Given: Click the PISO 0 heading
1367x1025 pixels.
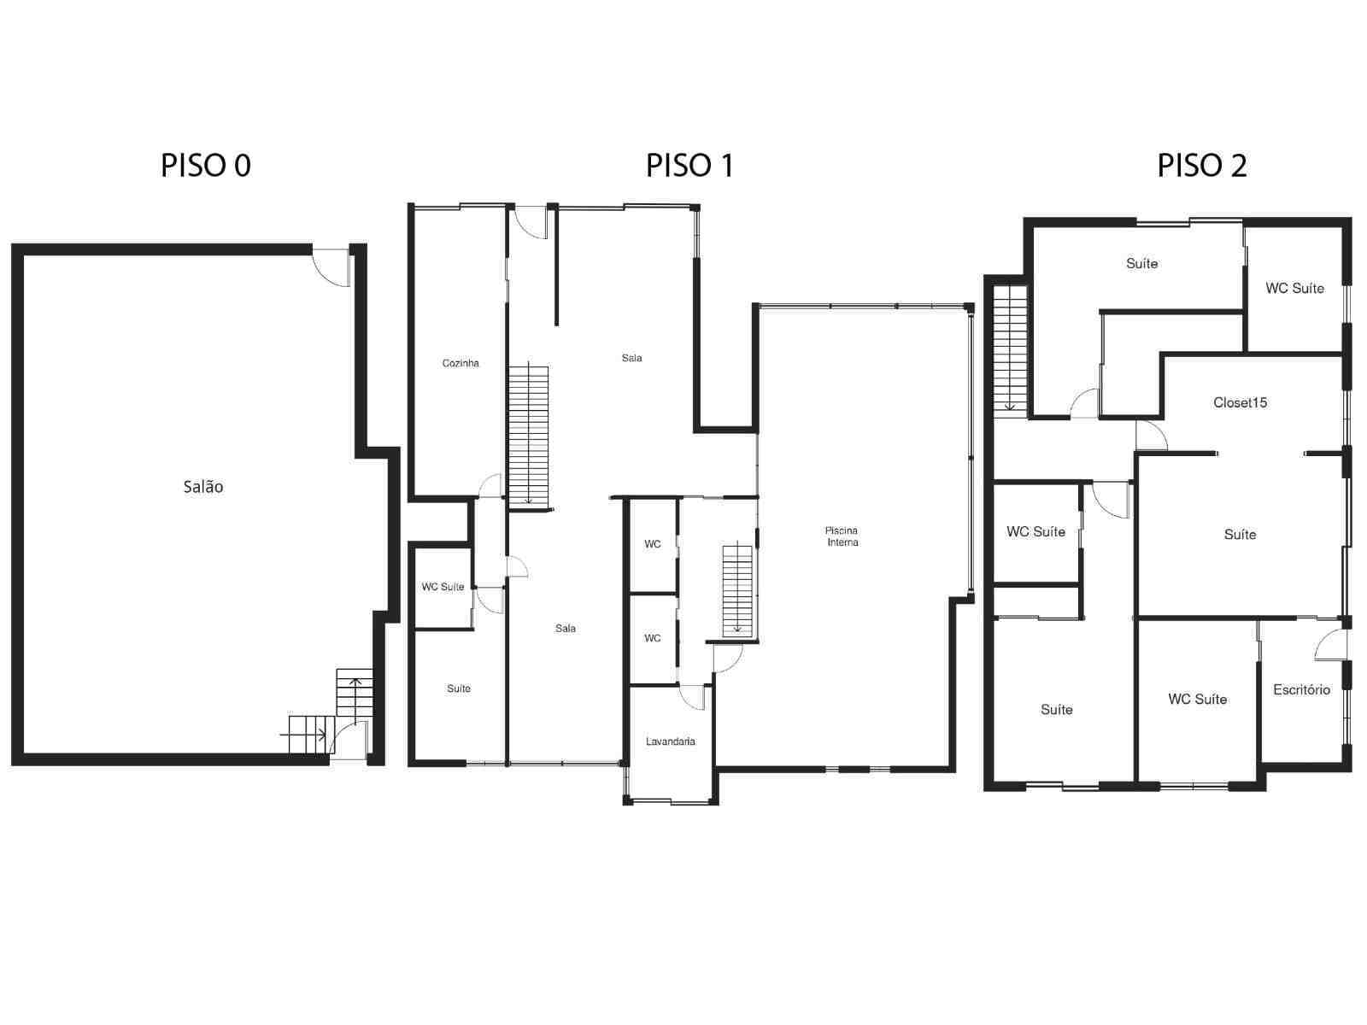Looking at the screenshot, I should coord(205,165).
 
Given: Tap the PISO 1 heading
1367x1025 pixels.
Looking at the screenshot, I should coord(689,165).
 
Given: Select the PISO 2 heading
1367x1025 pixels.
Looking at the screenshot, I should coord(1201,165).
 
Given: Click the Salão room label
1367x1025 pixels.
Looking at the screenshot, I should coord(203,487).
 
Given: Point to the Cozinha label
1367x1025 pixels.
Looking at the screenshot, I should coord(461,364).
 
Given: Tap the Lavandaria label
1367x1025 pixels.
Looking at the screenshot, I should coord(670,741).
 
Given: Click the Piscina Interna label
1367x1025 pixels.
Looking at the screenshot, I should coord(842,536).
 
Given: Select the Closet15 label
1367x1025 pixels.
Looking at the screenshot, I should coord(1240,402).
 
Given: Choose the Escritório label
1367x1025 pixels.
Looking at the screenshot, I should coord(1301,689).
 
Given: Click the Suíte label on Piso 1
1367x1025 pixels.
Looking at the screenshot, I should coord(459,688).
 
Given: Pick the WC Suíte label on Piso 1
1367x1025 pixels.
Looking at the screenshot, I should coord(443,587).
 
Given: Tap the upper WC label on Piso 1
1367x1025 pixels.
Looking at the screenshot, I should coord(653,544).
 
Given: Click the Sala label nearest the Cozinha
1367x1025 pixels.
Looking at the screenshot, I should coord(632,358).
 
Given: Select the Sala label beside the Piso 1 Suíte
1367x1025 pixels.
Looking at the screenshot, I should coord(566,629).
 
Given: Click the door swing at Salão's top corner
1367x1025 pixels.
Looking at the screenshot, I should coord(331,265).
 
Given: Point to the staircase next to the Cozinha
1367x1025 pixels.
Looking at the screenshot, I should coord(528,434).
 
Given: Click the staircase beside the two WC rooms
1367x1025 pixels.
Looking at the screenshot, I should coord(736,589).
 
